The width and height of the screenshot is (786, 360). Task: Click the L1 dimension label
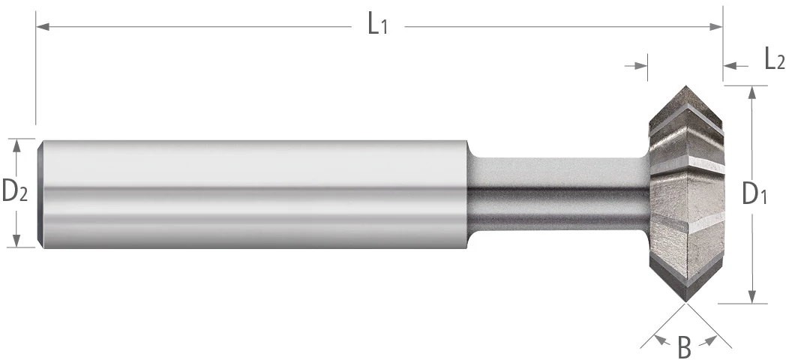pyautogui.click(x=377, y=26)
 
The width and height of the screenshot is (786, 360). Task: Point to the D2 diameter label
pyautogui.click(x=14, y=193)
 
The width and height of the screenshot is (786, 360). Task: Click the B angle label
pyautogui.click(x=684, y=347)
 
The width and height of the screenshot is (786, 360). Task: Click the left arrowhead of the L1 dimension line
pyautogui.click(x=43, y=27)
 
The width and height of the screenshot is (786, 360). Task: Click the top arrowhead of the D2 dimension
pyautogui.click(x=16, y=145)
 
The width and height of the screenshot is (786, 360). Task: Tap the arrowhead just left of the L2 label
pyautogui.click(x=730, y=67)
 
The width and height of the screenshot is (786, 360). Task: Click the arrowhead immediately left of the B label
pyautogui.click(x=661, y=341)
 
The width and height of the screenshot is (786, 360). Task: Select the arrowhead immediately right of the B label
pyautogui.click(x=706, y=341)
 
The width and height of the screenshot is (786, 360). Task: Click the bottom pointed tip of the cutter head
pyautogui.click(x=685, y=301)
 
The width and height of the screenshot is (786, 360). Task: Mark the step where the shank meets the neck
pyautogui.click(x=468, y=193)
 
